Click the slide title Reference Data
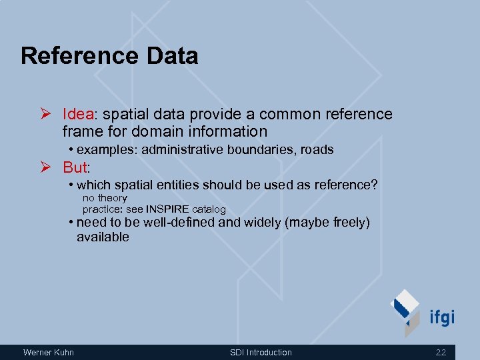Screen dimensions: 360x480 [109, 56]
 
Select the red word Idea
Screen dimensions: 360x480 [79, 114]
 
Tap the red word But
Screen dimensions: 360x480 [75, 167]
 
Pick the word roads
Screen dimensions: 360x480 [317, 149]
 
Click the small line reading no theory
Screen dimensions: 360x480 [105, 198]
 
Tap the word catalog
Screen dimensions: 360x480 [209, 209]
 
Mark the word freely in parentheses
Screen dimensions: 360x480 [340, 223]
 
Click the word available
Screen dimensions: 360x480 [103, 237]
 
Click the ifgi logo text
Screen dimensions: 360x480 [441, 316]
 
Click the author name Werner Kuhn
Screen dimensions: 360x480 [49, 352]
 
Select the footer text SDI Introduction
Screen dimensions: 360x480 [261, 352]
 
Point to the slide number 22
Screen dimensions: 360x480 [441, 352]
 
